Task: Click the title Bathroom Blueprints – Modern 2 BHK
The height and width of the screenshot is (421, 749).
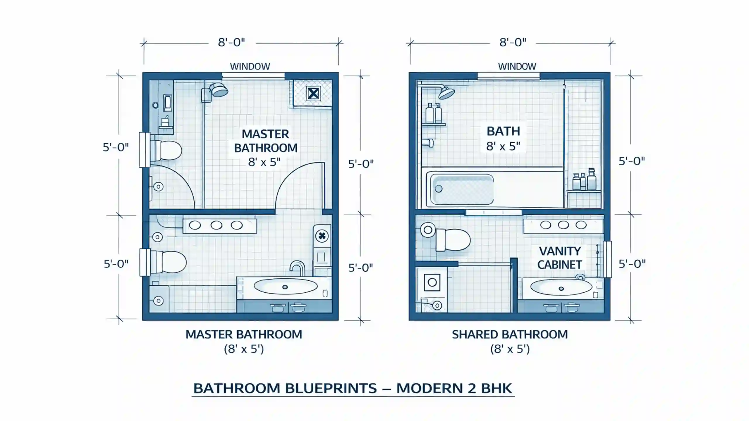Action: pyautogui.click(x=353, y=388)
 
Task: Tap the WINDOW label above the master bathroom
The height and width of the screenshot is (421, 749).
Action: pyautogui.click(x=250, y=66)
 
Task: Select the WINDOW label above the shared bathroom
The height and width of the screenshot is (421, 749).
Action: pyautogui.click(x=517, y=66)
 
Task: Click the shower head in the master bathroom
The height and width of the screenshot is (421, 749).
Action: pyautogui.click(x=218, y=90)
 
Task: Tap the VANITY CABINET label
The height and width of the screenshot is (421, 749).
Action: pyautogui.click(x=560, y=258)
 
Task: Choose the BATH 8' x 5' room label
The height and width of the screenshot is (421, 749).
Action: pyautogui.click(x=503, y=138)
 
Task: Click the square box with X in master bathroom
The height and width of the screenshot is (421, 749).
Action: pyautogui.click(x=313, y=94)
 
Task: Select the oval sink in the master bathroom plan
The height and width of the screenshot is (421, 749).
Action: pyautogui.click(x=285, y=287)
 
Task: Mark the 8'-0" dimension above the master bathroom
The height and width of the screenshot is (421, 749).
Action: pyautogui.click(x=231, y=42)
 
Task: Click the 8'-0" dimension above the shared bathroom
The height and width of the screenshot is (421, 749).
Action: pyautogui.click(x=513, y=42)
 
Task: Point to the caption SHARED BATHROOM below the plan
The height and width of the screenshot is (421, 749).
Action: pyautogui.click(x=510, y=334)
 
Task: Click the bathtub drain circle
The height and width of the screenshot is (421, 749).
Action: pyautogui.click(x=439, y=189)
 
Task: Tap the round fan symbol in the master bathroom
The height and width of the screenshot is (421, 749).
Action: pyautogui.click(x=322, y=236)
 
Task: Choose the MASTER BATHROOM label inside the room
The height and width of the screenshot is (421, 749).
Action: pyautogui.click(x=266, y=141)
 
